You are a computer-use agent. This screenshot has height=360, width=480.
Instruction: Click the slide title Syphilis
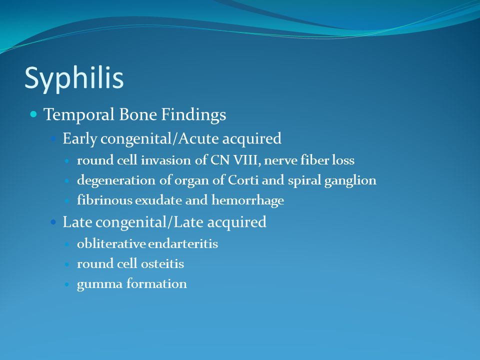(74, 78)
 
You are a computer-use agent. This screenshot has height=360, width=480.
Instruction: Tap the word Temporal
(79, 115)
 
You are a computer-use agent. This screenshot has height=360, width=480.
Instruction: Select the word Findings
(194, 115)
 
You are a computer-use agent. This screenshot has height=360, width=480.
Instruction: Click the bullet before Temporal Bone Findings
(33, 114)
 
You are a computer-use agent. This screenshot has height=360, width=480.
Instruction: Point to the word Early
(80, 138)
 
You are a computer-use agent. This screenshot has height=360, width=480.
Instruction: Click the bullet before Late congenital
(53, 221)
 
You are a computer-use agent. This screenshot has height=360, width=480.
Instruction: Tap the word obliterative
(111, 243)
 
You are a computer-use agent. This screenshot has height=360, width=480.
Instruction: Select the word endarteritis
(183, 244)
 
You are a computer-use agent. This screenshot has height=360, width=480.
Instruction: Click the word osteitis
(162, 263)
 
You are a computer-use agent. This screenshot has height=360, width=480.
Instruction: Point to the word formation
(156, 283)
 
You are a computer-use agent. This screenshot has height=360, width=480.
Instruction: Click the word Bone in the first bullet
(138, 115)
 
